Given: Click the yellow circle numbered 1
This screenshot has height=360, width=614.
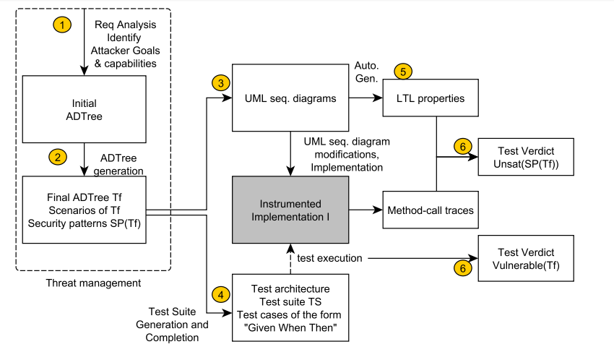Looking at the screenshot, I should pos(64,25).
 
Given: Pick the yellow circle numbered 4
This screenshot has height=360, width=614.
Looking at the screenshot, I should pos(220,295).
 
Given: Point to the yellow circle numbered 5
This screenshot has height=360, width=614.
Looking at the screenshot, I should pos(404,72).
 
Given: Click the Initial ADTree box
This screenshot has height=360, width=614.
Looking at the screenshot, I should pos(85,110).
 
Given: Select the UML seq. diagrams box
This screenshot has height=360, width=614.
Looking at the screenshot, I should pos(290,98).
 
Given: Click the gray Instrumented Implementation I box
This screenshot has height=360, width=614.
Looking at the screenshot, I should pos(290,210).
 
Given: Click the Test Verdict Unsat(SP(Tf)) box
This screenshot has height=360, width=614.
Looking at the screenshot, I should pos(526,158).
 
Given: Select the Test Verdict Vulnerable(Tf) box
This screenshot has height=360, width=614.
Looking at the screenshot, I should pos(526,260).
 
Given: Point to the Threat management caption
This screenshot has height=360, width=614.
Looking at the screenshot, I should pos(94,282).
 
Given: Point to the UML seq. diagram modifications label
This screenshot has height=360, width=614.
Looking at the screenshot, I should pos(341,155).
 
